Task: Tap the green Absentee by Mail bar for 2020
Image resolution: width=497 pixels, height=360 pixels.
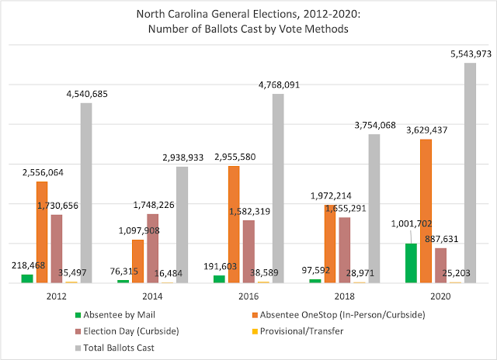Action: pos(411,263)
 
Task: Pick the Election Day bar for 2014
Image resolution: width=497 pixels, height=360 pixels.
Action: pos(152,248)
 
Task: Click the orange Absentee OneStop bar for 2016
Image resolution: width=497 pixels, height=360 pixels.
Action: pos(233,224)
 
